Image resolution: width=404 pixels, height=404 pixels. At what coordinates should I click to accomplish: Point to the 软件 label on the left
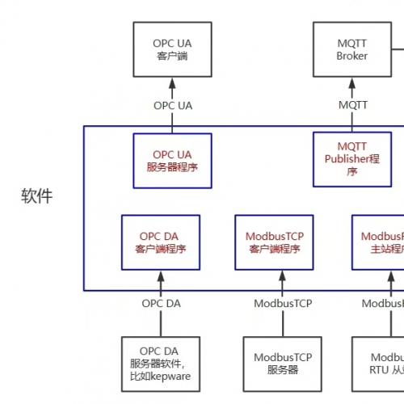pyautogui.click(x=36, y=196)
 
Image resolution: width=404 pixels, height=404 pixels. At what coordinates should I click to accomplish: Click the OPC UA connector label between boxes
pyautogui.click(x=173, y=105)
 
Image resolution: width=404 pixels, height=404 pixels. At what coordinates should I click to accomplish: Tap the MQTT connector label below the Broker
pyautogui.click(x=351, y=105)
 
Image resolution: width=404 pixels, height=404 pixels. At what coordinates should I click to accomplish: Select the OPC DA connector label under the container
pyautogui.click(x=161, y=304)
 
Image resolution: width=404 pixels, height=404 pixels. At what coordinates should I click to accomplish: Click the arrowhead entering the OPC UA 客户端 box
pyautogui.click(x=173, y=82)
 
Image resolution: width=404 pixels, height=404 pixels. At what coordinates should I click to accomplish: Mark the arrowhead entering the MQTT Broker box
pyautogui.click(x=351, y=82)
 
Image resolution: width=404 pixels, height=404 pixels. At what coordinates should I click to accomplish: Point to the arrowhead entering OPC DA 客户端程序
pyautogui.click(x=161, y=276)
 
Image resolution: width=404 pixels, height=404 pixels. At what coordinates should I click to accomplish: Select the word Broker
pyautogui.click(x=351, y=57)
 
